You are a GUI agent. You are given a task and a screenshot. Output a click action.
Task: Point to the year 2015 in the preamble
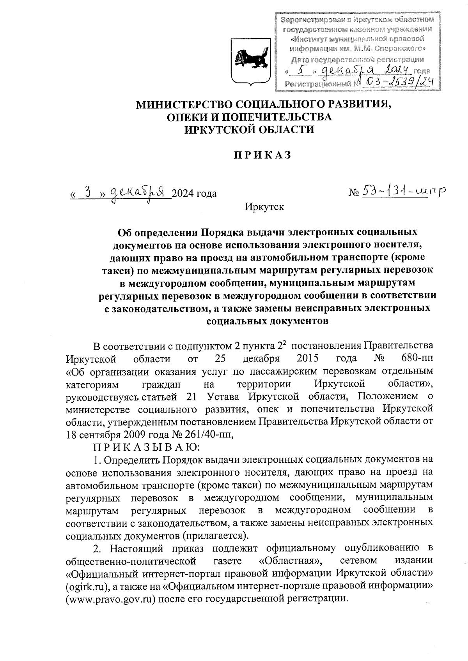point(308,358)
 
